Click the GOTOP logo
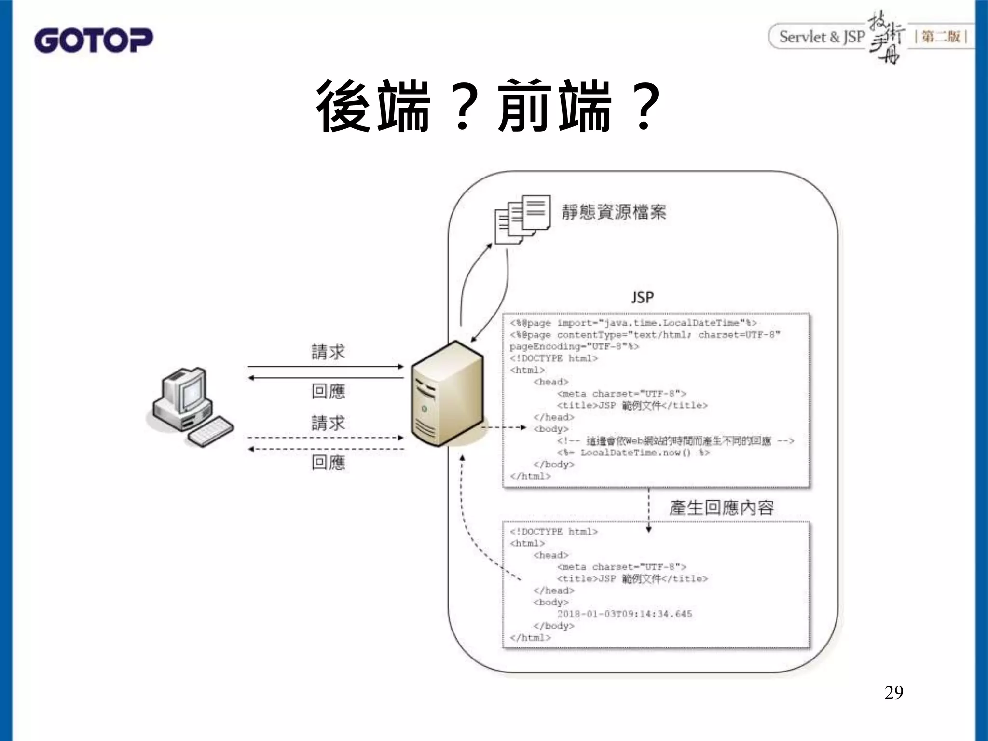pyautogui.click(x=93, y=40)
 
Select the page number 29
pyautogui.click(x=893, y=693)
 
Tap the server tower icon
pyautogui.click(x=446, y=393)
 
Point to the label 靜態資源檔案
pyautogui.click(x=614, y=212)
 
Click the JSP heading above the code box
pyautogui.click(x=643, y=297)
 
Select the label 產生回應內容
pyautogui.click(x=721, y=508)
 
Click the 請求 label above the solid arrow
pyautogui.click(x=328, y=352)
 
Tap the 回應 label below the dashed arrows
pyautogui.click(x=328, y=463)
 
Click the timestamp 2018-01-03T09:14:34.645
pyautogui.click(x=624, y=614)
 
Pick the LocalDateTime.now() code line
pyautogui.click(x=633, y=453)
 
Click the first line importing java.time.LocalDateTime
pyautogui.click(x=633, y=323)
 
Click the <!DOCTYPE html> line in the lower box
pyautogui.click(x=553, y=532)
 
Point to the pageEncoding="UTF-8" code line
pyautogui.click(x=574, y=346)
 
